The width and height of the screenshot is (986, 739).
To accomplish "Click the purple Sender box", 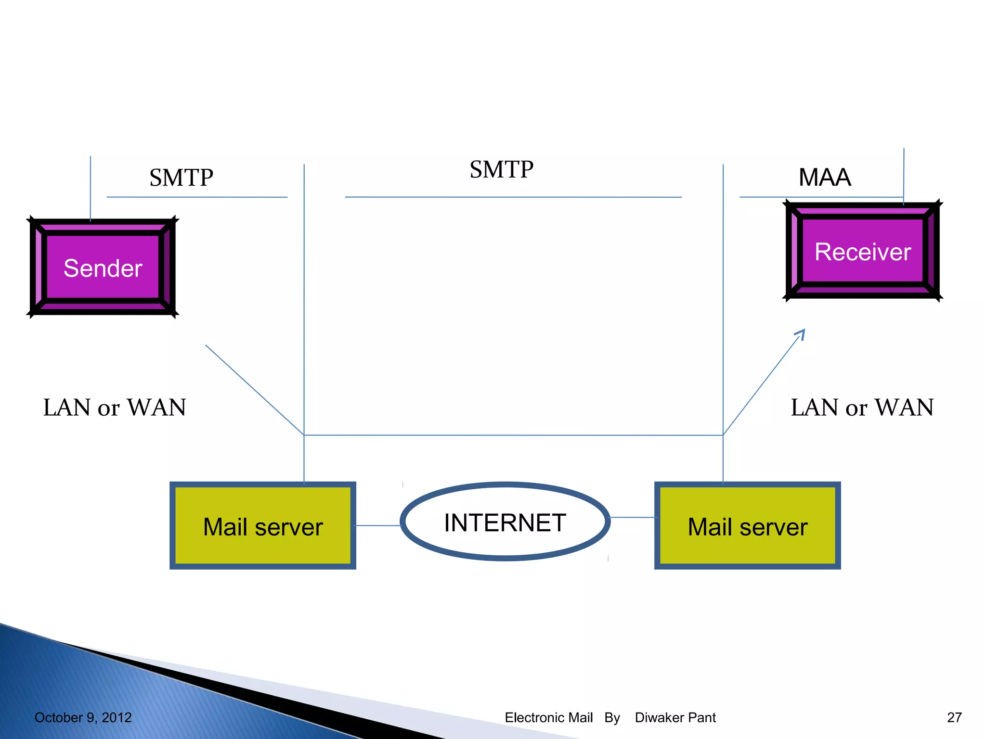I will (103, 268).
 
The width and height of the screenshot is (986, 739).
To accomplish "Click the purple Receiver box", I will (862, 251).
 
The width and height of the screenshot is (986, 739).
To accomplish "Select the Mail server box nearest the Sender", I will (263, 526).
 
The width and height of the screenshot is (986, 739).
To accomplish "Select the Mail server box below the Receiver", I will (747, 526).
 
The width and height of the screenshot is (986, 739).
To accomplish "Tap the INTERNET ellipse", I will (505, 522).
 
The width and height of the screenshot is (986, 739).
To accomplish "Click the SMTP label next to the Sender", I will (181, 178).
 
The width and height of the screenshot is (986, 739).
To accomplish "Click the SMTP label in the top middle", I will (501, 169).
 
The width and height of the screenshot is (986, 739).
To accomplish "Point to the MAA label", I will (824, 177).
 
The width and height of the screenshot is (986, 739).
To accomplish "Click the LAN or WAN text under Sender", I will (115, 408).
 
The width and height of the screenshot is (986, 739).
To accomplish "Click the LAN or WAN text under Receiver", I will (862, 408).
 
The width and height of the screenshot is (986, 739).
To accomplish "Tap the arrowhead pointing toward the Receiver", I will (801, 333).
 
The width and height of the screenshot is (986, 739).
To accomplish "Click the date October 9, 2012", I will (83, 717).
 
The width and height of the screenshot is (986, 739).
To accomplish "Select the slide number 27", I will (954, 717).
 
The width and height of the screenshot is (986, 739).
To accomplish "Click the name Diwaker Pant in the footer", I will (675, 717).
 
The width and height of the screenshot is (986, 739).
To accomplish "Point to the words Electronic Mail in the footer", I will (548, 717).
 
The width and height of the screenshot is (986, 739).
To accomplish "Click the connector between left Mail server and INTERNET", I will (378, 525).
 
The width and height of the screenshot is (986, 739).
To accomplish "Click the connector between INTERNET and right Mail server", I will (633, 517).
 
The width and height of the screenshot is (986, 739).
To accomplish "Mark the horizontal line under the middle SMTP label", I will (513, 197).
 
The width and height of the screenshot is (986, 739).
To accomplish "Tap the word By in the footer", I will (612, 717).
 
